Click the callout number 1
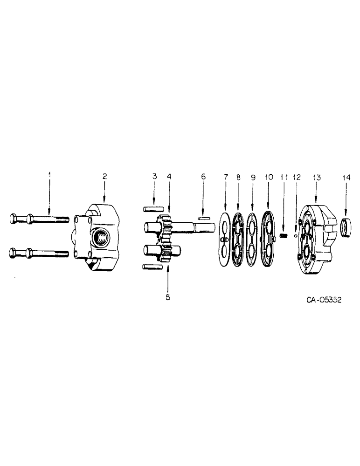tap(50, 176)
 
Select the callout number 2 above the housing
tap(105, 176)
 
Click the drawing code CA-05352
tap(324, 300)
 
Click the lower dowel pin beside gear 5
tap(152, 267)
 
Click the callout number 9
tap(253, 178)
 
